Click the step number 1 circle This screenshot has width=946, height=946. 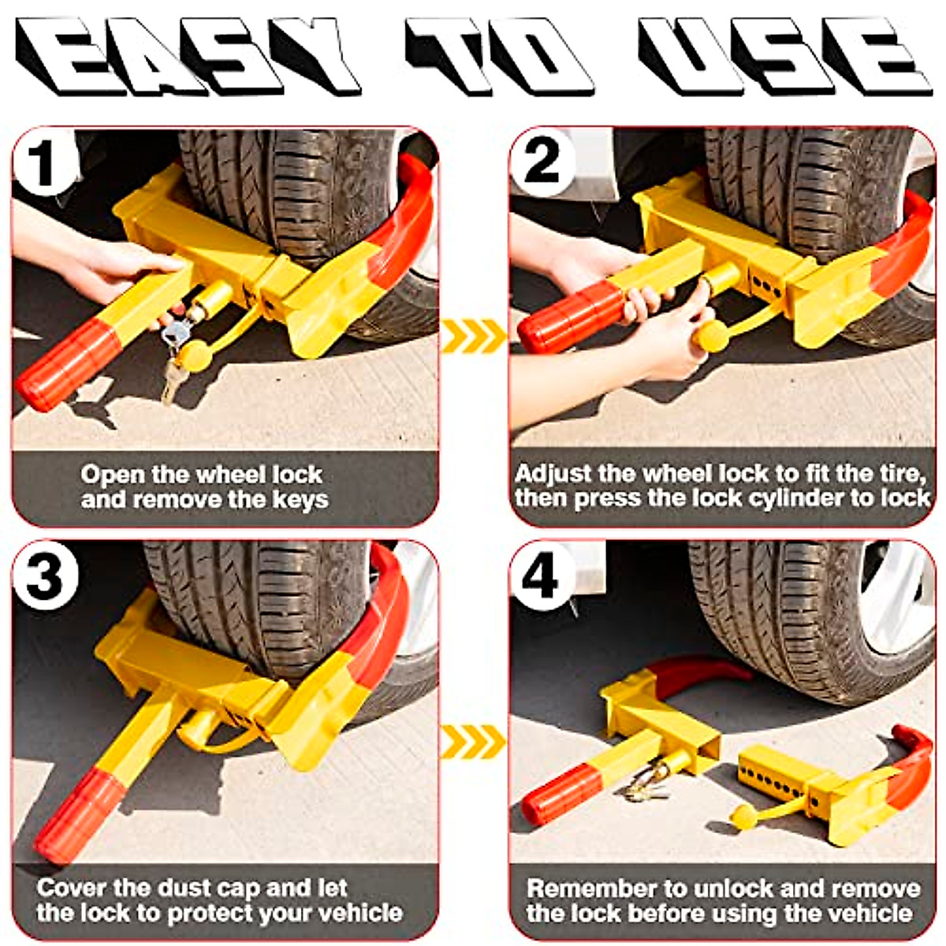pos(43,163)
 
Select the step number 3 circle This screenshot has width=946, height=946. pos(44,575)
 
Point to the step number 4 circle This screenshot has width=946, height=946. pos(541,575)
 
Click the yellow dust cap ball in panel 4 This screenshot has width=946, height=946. pos(744,817)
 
